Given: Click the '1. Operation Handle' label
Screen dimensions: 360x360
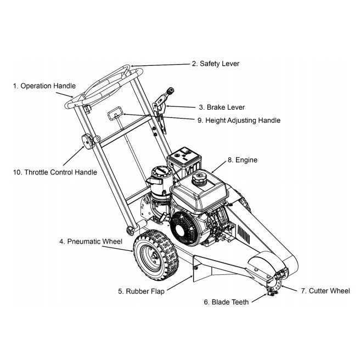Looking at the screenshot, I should (x=44, y=86).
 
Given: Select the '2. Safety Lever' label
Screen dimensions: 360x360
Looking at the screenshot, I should (x=215, y=64).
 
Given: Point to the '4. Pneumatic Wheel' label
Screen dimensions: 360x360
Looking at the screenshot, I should (x=91, y=241).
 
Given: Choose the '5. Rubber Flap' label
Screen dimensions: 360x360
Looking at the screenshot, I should (x=141, y=291).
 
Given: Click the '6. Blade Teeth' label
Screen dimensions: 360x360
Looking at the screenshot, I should (x=226, y=302).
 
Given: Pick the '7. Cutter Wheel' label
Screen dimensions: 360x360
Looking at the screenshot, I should (x=325, y=291).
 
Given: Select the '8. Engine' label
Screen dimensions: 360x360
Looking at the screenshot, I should (x=242, y=160).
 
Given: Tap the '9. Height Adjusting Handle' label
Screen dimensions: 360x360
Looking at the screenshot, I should (x=243, y=120).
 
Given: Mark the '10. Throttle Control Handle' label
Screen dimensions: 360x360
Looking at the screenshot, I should (x=55, y=172).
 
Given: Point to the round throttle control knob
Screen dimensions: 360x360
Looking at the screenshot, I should (x=87, y=142).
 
